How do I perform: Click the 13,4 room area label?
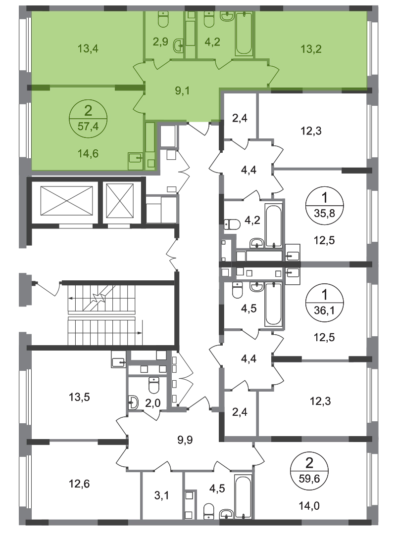(x=87, y=48)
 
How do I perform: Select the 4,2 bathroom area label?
(x=212, y=42)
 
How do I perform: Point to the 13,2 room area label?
(x=310, y=48)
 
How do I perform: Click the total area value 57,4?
(x=88, y=126)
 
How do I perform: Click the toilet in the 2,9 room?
(x=163, y=19)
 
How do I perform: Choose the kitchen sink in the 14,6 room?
(x=134, y=159)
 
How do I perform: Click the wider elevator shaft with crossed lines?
(x=65, y=200)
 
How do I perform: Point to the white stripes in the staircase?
(x=101, y=315)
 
